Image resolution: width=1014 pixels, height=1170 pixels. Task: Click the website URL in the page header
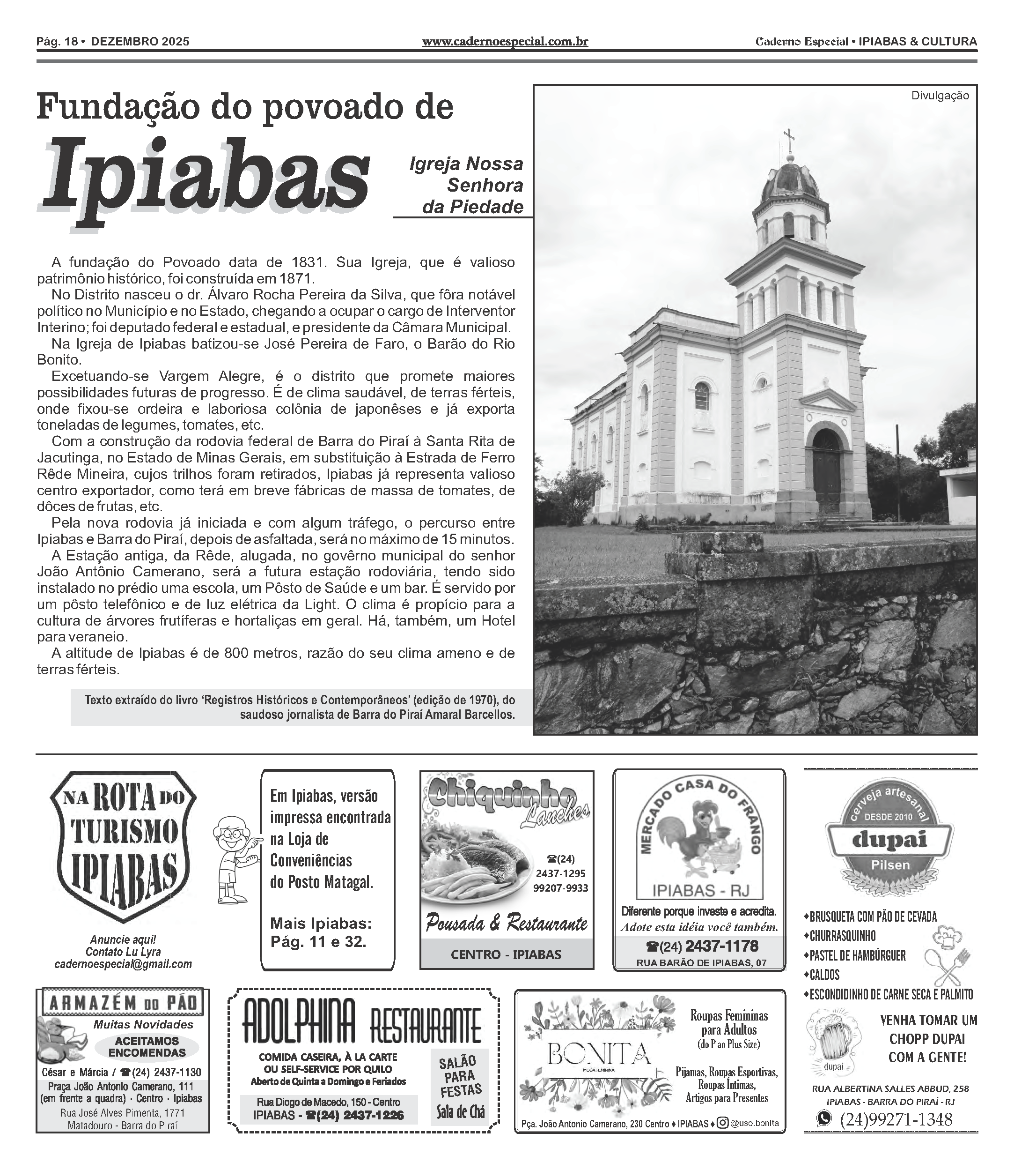(505, 41)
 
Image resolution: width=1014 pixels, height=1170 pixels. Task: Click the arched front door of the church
(827, 469)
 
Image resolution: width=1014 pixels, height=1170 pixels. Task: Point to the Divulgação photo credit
(939, 96)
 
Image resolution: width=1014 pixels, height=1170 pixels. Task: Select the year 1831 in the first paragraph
(309, 263)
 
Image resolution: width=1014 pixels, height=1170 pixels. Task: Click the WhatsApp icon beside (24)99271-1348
(824, 1118)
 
